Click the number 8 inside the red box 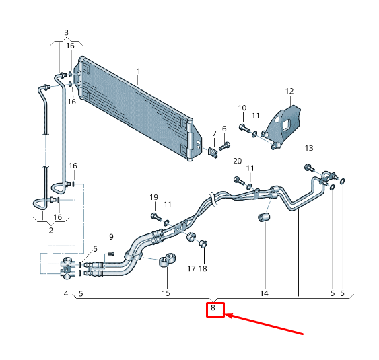pyautogui.click(x=213, y=308)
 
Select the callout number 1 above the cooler pyautogui.click(x=138, y=71)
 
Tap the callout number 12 pyautogui.click(x=289, y=91)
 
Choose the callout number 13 pyautogui.click(x=309, y=148)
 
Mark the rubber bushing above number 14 pyautogui.click(x=264, y=219)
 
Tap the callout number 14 pyautogui.click(x=264, y=293)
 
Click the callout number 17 pyautogui.click(x=191, y=268)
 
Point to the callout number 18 pyautogui.click(x=203, y=268)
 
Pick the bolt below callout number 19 pyautogui.click(x=155, y=217)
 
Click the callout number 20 pyautogui.click(x=237, y=161)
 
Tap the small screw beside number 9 pyautogui.click(x=111, y=253)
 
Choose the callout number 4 pyautogui.click(x=66, y=293)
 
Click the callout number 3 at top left pyautogui.click(x=66, y=32)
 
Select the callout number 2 pyautogui.click(x=50, y=229)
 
